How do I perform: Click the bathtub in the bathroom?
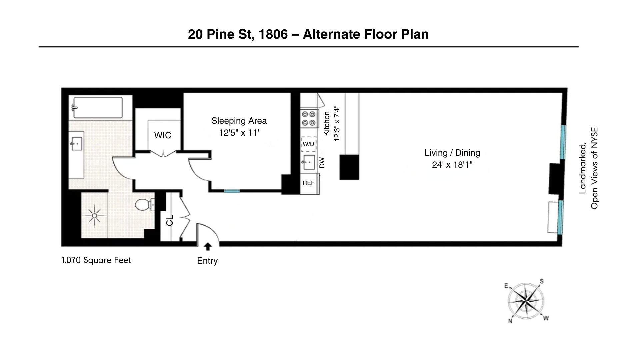tap(98, 107)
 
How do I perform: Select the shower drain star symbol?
tap(94, 216)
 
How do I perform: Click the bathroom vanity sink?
tap(76, 144)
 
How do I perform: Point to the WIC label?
tap(163, 135)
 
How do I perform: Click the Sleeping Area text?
tap(239, 121)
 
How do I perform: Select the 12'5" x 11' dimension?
tap(239, 133)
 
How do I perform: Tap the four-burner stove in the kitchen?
tap(308, 119)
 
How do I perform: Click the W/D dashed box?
tap(308, 144)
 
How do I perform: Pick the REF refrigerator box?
tap(309, 183)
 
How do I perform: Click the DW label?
tap(322, 163)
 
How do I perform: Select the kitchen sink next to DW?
tap(308, 162)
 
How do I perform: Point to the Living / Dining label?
tap(452, 153)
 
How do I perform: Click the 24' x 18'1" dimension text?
tap(452, 165)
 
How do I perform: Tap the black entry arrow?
tap(208, 247)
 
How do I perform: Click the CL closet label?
tap(170, 220)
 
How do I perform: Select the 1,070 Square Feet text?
tap(96, 260)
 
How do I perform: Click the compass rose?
tap(526, 301)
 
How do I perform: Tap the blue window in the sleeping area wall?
tap(232, 191)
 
